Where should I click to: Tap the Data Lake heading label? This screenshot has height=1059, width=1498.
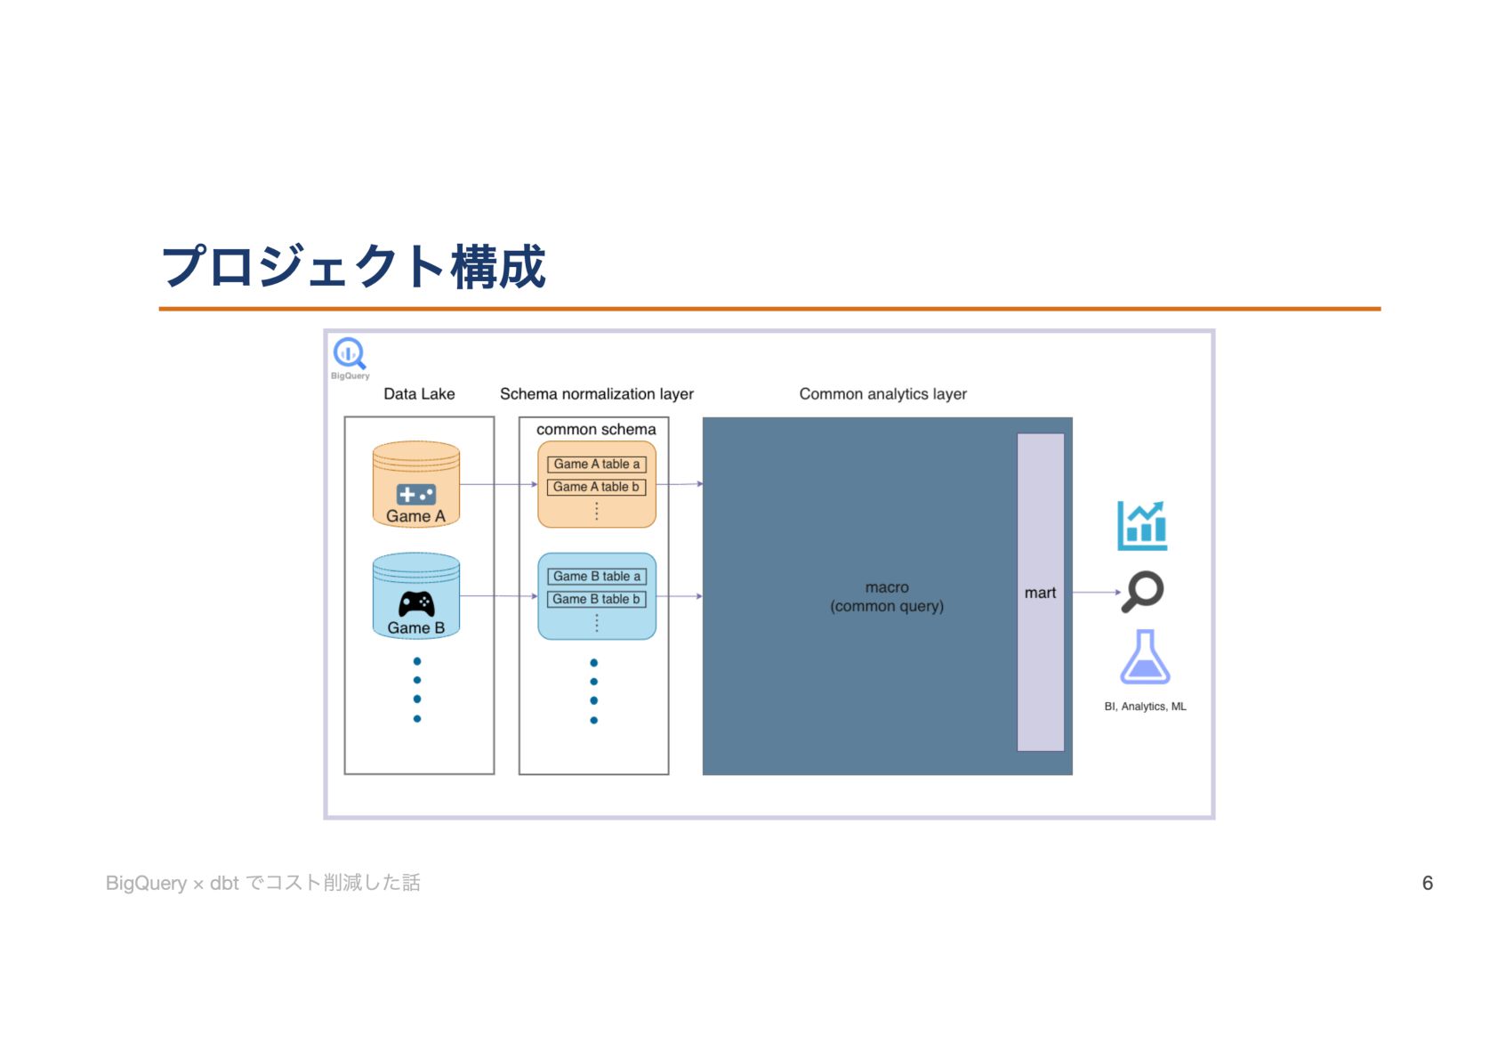tap(419, 394)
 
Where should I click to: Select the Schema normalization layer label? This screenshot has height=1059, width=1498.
tap(596, 394)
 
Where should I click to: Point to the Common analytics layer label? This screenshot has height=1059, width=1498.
tap(882, 394)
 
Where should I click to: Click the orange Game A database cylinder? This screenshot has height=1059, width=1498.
tap(416, 484)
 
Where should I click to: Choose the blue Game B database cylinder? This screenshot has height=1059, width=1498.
tap(416, 595)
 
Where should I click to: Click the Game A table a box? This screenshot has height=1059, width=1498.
tap(596, 465)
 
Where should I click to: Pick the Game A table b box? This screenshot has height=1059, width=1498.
tap(596, 488)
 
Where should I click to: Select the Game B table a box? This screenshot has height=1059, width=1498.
tap(596, 577)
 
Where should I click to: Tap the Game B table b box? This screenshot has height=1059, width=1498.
tap(596, 600)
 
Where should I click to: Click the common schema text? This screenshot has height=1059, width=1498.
tap(596, 430)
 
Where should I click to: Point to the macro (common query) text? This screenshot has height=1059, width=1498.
tap(887, 597)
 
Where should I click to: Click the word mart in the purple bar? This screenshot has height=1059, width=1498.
tap(1040, 594)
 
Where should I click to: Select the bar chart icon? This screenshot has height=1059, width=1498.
tap(1142, 525)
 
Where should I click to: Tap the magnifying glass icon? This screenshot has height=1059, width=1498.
tap(1143, 591)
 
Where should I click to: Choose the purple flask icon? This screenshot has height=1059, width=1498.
tap(1145, 658)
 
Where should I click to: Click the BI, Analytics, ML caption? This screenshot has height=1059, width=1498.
tap(1145, 707)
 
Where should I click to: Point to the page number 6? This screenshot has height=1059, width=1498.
tap(1427, 884)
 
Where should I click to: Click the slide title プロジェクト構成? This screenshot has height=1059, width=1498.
tap(353, 267)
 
